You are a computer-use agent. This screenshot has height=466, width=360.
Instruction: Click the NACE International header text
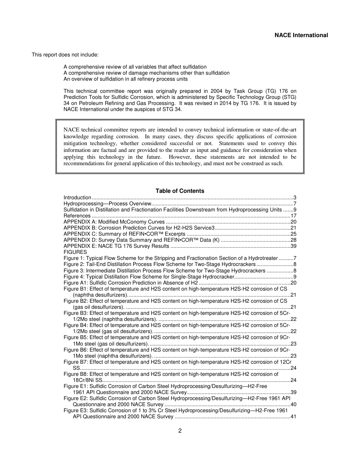coord(301,35)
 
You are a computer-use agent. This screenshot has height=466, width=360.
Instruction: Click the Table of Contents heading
coord(180,191)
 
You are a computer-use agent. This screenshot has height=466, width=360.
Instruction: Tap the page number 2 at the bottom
coord(180,431)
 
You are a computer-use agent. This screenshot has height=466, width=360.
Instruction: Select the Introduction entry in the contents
coord(77,197)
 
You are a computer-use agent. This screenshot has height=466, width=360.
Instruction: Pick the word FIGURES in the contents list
coord(75,252)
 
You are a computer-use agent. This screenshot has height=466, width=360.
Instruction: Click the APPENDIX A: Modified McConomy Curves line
coord(114,222)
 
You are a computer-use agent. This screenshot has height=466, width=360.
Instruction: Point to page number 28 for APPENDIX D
coord(293,240)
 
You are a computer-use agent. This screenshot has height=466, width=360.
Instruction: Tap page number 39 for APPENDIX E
coord(293,246)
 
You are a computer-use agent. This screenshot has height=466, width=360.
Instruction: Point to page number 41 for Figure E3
coord(293,416)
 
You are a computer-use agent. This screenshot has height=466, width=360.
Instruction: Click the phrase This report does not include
coord(65,55)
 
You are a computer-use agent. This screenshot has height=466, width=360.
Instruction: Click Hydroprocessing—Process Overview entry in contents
coord(108,203)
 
